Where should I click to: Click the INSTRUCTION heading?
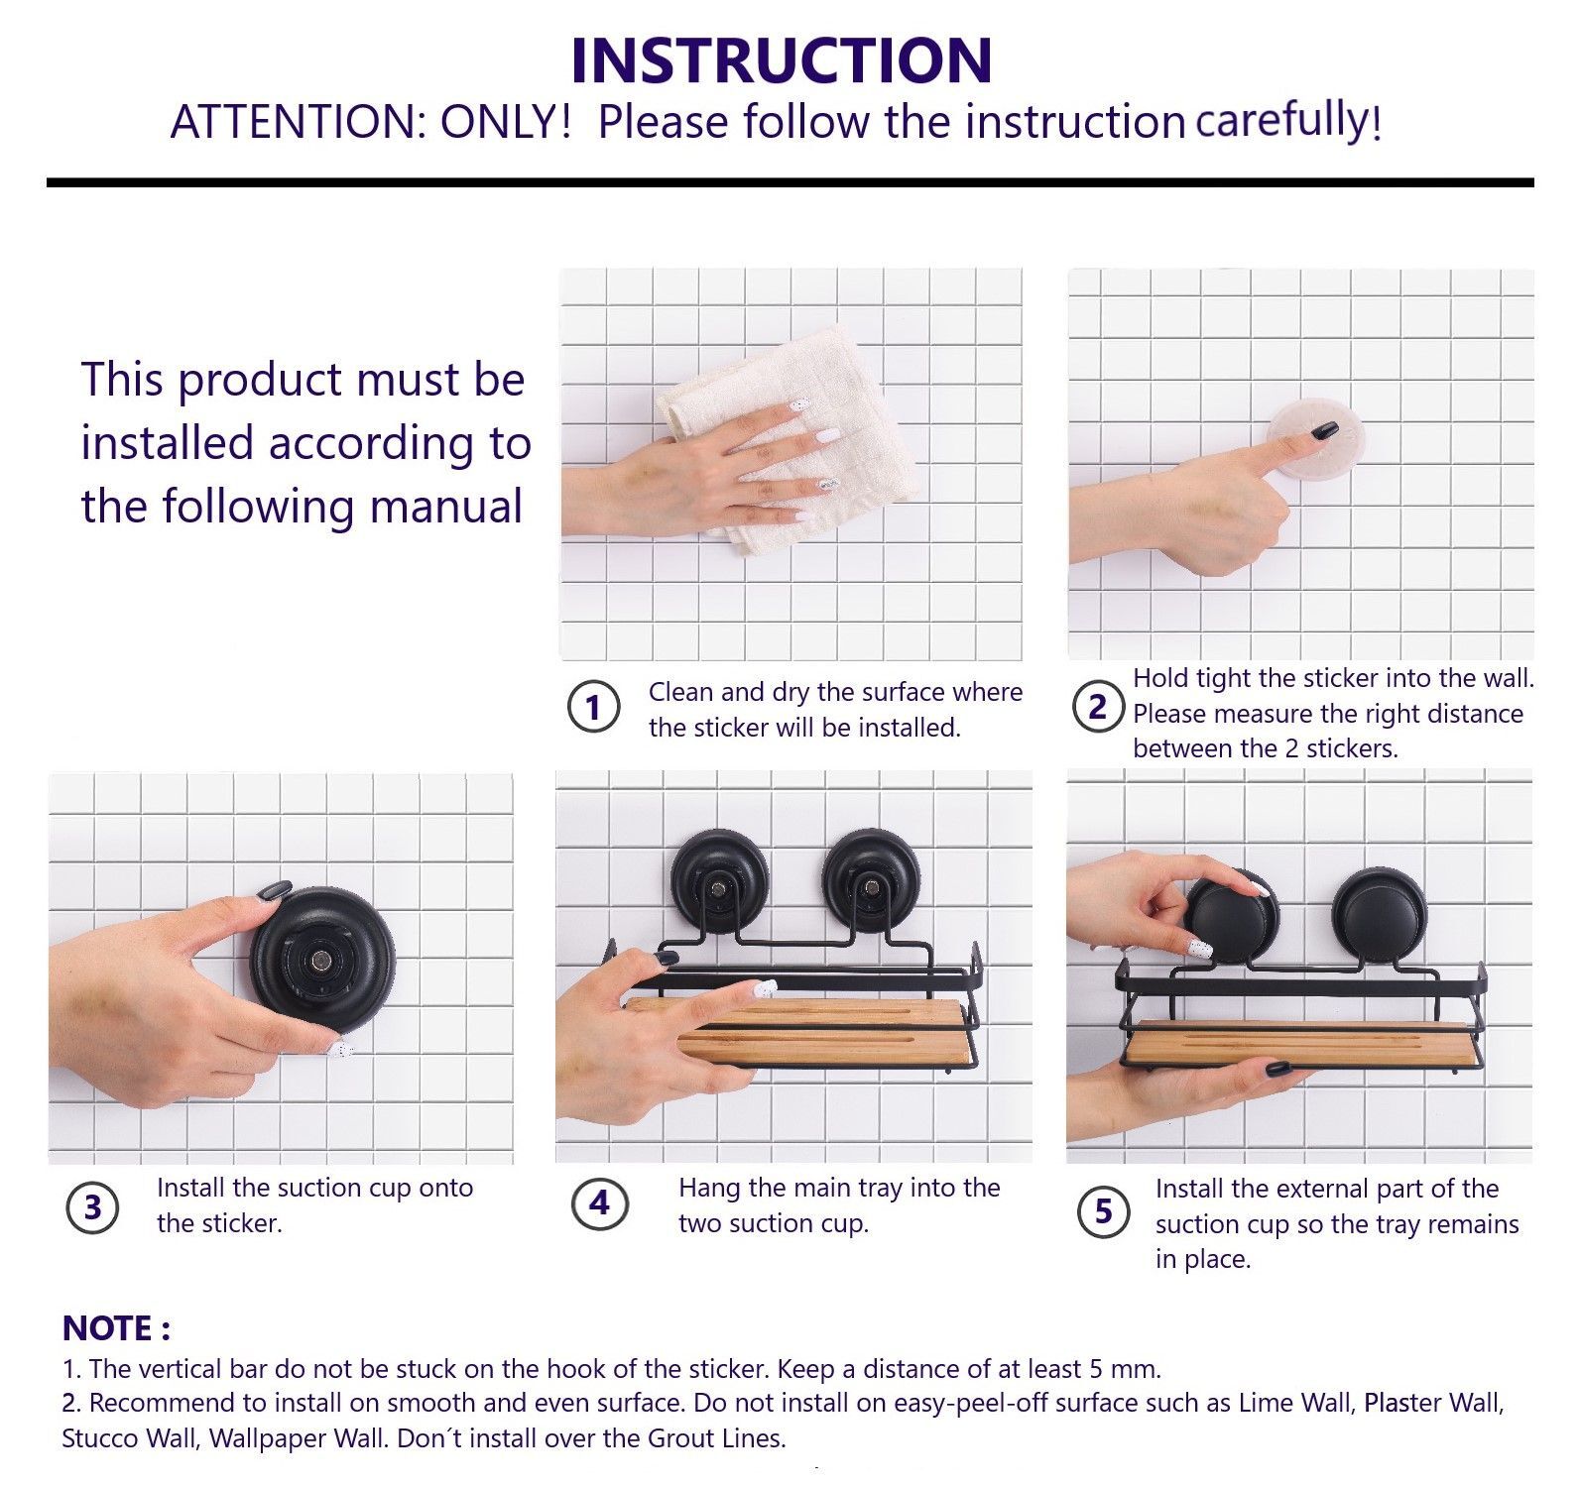coord(782,59)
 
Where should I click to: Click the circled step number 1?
coord(593,708)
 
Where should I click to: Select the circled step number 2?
coord(1097,708)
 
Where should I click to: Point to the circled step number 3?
coord(92,1208)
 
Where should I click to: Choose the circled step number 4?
coord(599,1203)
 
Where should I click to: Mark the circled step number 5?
coord(1104,1211)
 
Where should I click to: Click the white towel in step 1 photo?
coord(754,436)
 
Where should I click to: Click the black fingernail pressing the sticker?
coord(1324,430)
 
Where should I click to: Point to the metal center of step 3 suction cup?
coord(322,959)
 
